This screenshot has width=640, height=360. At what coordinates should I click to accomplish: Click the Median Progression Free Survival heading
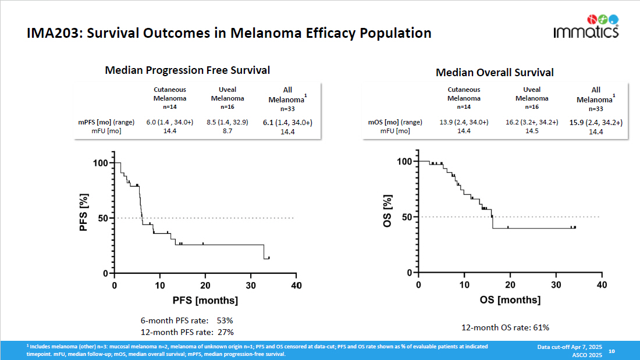pyautogui.click(x=187, y=70)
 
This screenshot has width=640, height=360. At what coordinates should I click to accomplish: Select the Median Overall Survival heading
pyautogui.click(x=495, y=73)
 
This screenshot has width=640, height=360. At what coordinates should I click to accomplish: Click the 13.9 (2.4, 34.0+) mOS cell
pyautogui.click(x=464, y=122)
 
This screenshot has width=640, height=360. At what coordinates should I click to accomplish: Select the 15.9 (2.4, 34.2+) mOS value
pyautogui.click(x=596, y=122)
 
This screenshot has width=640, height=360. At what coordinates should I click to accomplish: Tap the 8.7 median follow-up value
pyautogui.click(x=227, y=131)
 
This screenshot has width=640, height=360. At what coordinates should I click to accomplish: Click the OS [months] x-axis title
pyautogui.click(x=510, y=300)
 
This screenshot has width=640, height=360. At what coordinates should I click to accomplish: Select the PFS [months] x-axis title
pyautogui.click(x=205, y=301)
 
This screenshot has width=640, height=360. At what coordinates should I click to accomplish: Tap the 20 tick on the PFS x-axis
pyautogui.click(x=205, y=286)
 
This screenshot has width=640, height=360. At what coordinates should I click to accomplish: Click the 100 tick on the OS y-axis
pyautogui.click(x=403, y=161)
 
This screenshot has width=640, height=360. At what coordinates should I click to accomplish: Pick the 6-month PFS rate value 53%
pyautogui.click(x=225, y=320)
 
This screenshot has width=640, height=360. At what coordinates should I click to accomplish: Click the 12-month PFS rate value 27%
pyautogui.click(x=225, y=332)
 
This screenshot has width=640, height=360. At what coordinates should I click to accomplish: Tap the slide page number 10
pyautogui.click(x=611, y=351)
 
